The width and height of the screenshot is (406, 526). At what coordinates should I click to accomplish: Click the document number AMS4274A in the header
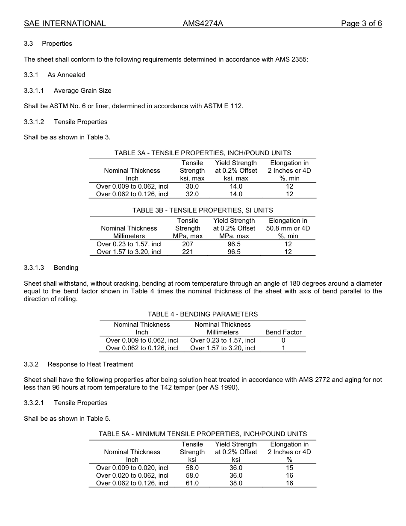click(203, 24)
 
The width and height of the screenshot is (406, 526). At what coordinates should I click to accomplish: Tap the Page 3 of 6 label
click(361, 24)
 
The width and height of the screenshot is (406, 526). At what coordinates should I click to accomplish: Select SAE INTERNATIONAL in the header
click(65, 24)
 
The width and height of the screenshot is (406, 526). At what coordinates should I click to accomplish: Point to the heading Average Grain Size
click(82, 91)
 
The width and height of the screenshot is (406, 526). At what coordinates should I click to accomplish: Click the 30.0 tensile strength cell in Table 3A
click(192, 186)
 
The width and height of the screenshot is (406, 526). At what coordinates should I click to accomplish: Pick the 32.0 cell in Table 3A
click(192, 194)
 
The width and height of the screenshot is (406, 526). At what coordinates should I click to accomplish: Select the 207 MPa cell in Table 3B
click(188, 244)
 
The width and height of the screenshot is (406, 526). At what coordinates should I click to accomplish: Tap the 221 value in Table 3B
click(188, 252)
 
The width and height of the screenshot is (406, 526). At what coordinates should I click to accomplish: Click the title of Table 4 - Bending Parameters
click(203, 314)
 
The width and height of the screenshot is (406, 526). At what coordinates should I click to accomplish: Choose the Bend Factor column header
click(283, 332)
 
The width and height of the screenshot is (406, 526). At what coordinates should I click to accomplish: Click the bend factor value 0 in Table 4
click(283, 340)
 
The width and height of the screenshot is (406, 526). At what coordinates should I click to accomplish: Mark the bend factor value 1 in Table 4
click(283, 348)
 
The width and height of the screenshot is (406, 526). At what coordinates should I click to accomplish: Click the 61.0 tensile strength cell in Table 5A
click(192, 483)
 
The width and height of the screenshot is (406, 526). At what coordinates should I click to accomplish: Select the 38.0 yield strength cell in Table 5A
click(236, 483)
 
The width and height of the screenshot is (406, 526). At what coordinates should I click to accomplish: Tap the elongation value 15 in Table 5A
click(289, 468)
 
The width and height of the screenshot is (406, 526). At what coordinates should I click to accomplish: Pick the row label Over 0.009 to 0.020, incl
click(132, 468)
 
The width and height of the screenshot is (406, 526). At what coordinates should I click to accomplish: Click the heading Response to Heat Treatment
click(90, 364)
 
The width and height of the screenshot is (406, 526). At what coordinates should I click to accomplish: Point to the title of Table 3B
click(203, 210)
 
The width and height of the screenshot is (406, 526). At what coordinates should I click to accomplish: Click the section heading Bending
click(66, 268)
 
